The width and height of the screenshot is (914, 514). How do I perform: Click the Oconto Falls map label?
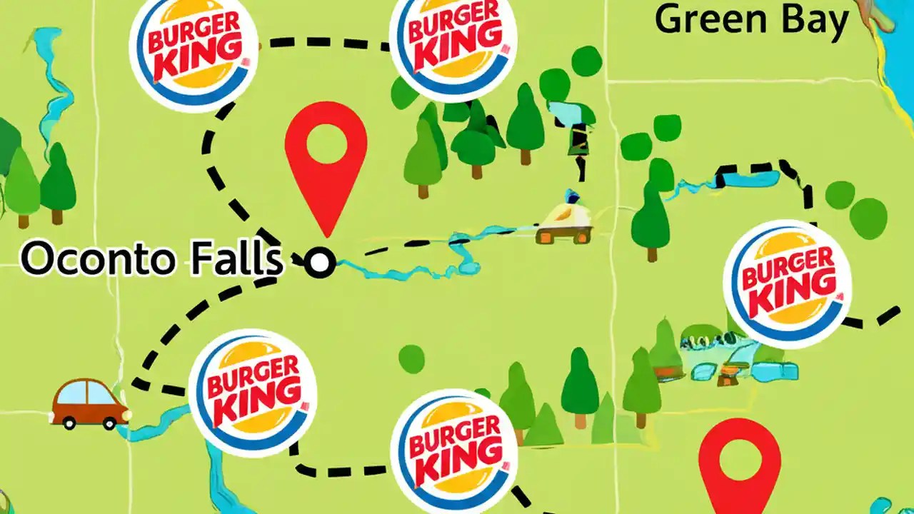point(151,258)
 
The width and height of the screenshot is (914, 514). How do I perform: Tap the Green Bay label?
point(751,20)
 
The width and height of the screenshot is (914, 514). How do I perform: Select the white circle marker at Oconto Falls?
point(320,263)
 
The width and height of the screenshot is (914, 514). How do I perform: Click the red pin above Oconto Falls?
point(326,161)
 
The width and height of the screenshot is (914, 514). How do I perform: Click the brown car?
point(90,403)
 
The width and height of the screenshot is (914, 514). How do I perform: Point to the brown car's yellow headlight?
point(126,413)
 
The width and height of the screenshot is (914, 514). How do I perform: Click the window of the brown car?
point(86,393)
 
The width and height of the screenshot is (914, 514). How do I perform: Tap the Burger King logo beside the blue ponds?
point(787,283)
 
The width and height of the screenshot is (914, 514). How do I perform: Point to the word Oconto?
point(98,258)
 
